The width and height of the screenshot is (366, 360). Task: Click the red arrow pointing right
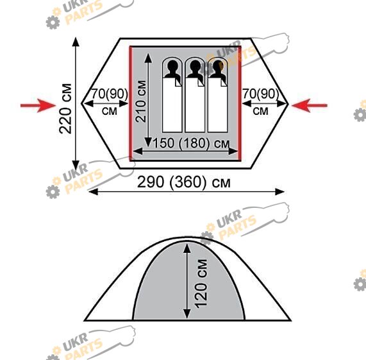[38, 106]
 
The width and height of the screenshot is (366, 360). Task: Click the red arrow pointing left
[310, 105]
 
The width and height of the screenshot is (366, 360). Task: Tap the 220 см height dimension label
[65, 108]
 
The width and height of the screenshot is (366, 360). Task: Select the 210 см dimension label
[141, 101]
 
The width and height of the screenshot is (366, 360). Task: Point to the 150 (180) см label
[191, 143]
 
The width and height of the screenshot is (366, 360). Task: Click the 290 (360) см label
[184, 182]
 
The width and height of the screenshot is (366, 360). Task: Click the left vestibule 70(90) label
[110, 94]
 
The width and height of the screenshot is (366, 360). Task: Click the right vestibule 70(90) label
[261, 94]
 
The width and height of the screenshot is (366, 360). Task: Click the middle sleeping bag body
[195, 105]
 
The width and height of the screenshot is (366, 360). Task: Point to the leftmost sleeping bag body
[172, 105]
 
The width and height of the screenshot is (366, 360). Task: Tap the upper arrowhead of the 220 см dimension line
[76, 42]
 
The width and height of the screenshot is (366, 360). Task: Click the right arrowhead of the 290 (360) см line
[279, 192]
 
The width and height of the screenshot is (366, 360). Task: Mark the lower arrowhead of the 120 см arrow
[187, 314]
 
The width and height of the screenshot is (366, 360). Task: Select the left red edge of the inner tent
[131, 104]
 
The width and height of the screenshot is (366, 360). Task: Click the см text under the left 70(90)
[110, 111]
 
